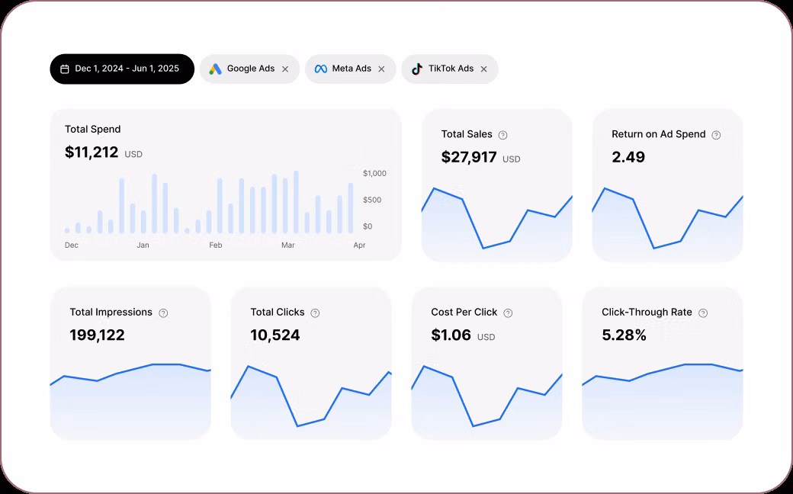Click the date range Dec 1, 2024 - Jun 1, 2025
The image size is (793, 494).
(x=122, y=69)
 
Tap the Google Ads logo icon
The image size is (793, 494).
(x=216, y=69)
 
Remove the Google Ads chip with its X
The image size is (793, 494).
(x=285, y=69)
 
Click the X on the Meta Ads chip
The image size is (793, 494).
(x=381, y=69)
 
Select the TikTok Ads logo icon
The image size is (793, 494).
(x=416, y=69)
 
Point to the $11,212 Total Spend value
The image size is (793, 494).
(x=91, y=152)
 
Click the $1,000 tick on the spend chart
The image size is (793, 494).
(x=374, y=173)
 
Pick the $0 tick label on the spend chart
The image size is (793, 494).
(x=368, y=226)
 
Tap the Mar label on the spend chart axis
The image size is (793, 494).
(x=287, y=245)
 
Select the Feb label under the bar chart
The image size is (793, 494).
(x=216, y=245)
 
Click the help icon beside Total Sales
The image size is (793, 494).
(x=502, y=135)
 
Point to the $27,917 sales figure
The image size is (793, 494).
(x=469, y=158)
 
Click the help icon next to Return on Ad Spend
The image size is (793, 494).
(x=716, y=135)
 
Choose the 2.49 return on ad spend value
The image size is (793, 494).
(x=628, y=157)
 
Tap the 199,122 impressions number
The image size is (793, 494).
(x=97, y=335)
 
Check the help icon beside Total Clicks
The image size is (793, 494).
(x=315, y=313)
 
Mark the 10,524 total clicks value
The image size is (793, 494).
(x=275, y=335)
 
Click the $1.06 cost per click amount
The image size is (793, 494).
(x=451, y=335)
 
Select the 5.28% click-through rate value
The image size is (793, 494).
(x=624, y=335)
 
